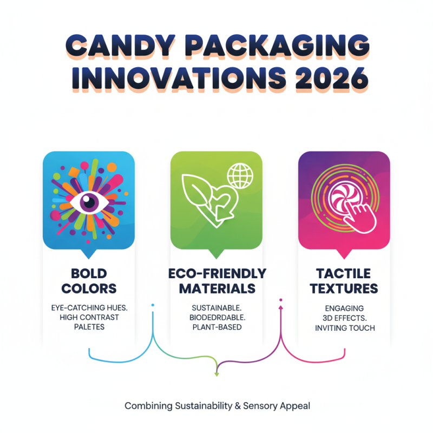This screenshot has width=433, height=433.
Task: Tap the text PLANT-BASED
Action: (216, 327)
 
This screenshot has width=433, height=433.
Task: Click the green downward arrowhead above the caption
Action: (216, 373)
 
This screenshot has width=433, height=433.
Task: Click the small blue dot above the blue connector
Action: (153, 305)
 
